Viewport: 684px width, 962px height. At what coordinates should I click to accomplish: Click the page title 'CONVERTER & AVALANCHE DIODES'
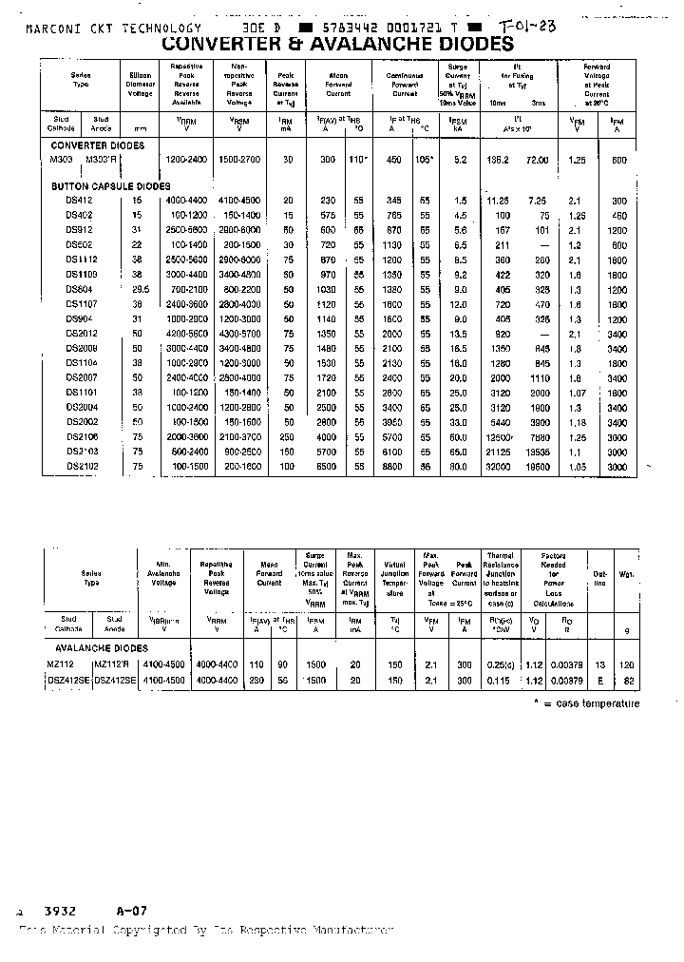[x=337, y=45]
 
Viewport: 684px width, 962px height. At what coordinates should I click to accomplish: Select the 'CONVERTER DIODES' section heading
[x=97, y=145]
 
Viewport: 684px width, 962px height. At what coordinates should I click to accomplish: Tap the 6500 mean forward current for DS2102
[x=327, y=467]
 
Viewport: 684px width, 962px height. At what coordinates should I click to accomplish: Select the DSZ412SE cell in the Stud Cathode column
[x=67, y=681]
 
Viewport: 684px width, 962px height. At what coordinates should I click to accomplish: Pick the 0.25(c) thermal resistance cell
[x=500, y=665]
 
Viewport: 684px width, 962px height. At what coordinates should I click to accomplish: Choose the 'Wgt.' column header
[x=628, y=574]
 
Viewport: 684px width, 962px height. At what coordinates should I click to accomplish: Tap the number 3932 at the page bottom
[x=59, y=909]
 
